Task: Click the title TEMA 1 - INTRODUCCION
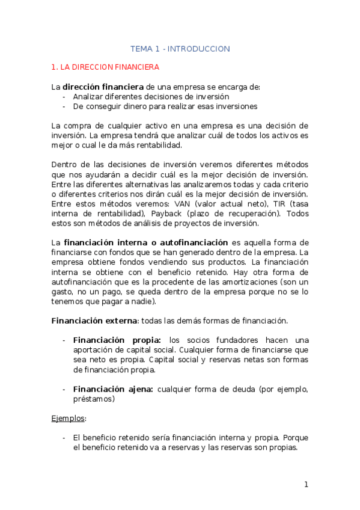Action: [180, 49]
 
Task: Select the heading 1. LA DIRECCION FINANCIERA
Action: [105, 67]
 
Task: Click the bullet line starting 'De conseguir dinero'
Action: [165, 106]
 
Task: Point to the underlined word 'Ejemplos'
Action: [69, 417]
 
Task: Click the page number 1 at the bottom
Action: [306, 485]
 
